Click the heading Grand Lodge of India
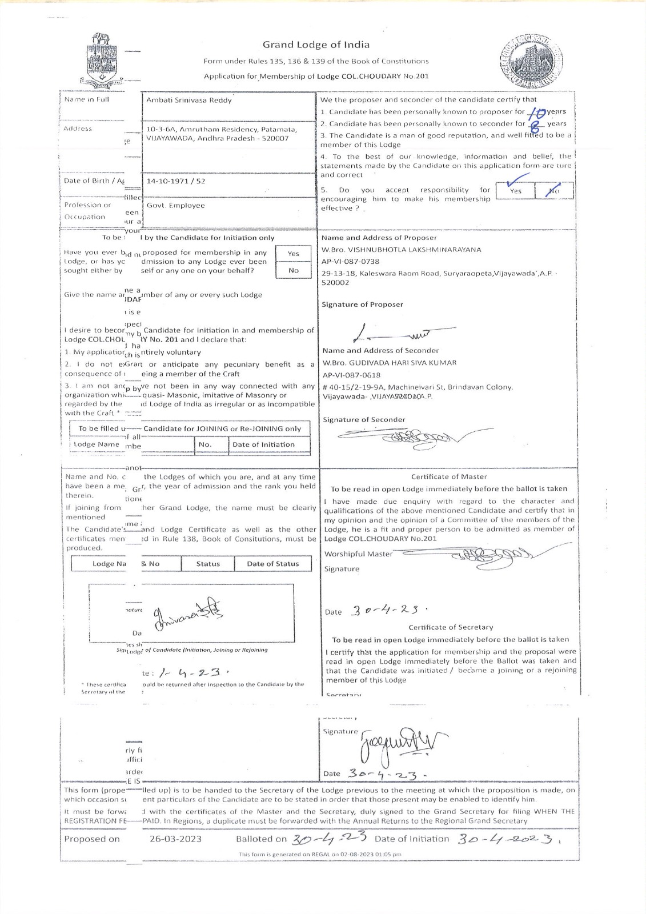pos(316,45)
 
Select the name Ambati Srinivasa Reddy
pos(189,100)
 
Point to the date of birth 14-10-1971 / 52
pos(176,181)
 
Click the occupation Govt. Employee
pos(175,206)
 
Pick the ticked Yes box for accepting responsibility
pos(515,190)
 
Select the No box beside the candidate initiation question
pos(294,270)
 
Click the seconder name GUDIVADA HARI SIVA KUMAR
pos(390,363)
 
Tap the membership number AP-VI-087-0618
pos(351,375)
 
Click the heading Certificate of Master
pos(449,476)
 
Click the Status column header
pos(208,564)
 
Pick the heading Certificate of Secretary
pos(451,627)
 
